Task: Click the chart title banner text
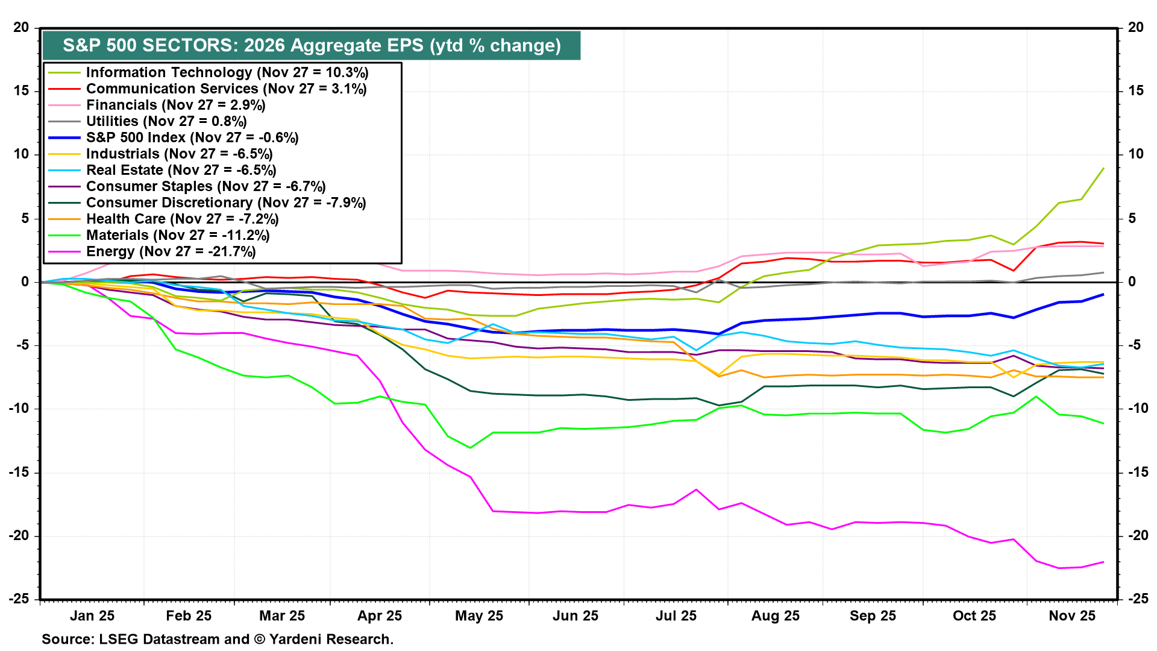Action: click(x=312, y=46)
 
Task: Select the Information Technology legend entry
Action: click(x=227, y=72)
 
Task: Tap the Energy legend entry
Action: click(x=171, y=251)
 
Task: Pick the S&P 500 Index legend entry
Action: click(x=192, y=137)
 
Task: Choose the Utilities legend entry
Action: click(x=166, y=121)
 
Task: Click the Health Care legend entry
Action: click(x=182, y=219)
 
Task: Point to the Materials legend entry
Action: click(x=178, y=235)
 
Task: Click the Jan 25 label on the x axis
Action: click(x=92, y=615)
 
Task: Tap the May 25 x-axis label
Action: click(x=478, y=615)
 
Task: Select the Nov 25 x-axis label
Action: click(x=1072, y=615)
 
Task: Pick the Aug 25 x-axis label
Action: click(x=775, y=615)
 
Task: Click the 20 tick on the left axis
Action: click(x=22, y=27)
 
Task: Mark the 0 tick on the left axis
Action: click(x=25, y=281)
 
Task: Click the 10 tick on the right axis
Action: click(x=1136, y=154)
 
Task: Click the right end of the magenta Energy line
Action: click(x=1103, y=562)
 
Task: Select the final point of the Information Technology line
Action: click(x=1103, y=168)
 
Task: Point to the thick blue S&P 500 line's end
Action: click(x=1103, y=294)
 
